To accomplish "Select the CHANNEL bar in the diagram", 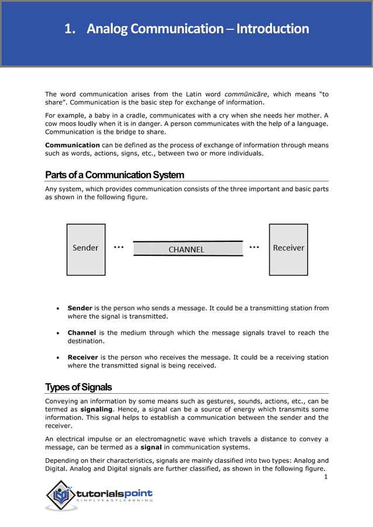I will coord(187,249).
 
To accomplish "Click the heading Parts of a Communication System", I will coord(115,175).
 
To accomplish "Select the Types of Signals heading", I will coord(78,387).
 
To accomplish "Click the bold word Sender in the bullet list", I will coord(80,308).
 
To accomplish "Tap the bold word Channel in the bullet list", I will coord(82,332).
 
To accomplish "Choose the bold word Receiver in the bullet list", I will coord(83,357).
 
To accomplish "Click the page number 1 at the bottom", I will coord(326,477).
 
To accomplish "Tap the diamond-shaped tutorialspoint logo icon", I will coord(60,495).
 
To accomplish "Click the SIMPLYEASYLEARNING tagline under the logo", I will coord(115,500).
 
